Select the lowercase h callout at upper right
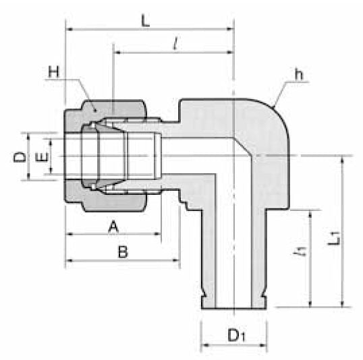298,75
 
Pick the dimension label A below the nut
114,227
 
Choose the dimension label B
122,252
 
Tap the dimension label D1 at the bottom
236,334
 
